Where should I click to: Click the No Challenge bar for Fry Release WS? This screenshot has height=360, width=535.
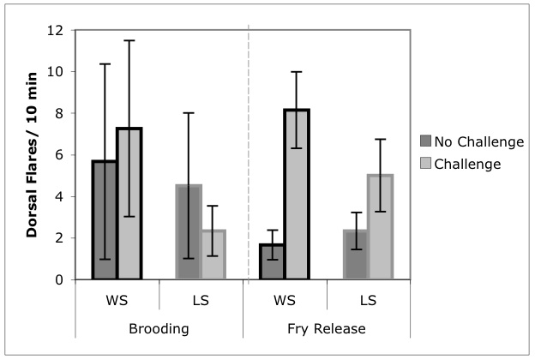tap(273, 261)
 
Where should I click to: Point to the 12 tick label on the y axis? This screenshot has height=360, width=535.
tap(56, 30)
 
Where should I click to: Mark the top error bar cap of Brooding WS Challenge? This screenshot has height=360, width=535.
tap(129, 40)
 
